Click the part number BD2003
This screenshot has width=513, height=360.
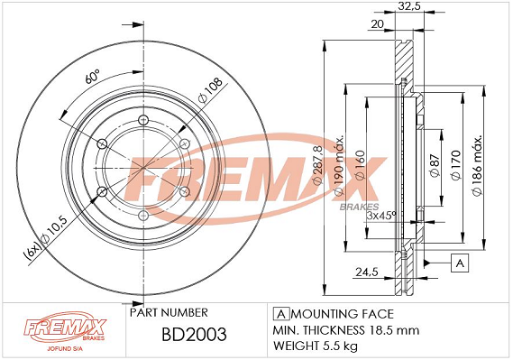[x=194, y=334]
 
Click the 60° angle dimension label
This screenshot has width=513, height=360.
[x=92, y=77]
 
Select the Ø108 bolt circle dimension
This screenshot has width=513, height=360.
[x=210, y=89]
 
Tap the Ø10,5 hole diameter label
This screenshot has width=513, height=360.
[x=54, y=230]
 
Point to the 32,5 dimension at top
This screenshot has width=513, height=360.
[x=408, y=6]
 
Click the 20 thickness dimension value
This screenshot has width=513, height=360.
[x=377, y=23]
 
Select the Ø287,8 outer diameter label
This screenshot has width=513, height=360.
[x=317, y=164]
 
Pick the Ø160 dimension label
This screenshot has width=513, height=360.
[x=360, y=165]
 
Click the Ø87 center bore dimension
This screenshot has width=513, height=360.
[x=435, y=165]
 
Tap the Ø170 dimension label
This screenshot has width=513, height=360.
[x=455, y=165]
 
